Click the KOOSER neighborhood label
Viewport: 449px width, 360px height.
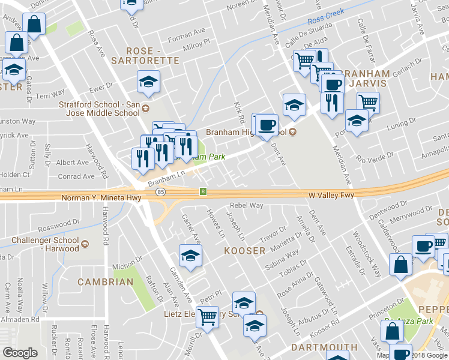point(244,250)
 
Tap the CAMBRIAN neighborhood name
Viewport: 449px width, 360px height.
point(105,282)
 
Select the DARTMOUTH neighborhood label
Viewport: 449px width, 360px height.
point(325,347)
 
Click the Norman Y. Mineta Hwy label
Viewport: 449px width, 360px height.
point(101,197)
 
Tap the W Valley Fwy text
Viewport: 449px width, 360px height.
point(332,194)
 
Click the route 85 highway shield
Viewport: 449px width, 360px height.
point(160,192)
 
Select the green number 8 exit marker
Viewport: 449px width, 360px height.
point(203,192)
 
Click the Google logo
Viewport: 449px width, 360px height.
point(20,353)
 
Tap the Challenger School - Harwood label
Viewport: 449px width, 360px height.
point(45,244)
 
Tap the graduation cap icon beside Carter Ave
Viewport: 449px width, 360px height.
point(190,256)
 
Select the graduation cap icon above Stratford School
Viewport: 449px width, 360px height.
point(148,82)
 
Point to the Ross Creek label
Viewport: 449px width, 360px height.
point(327,20)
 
